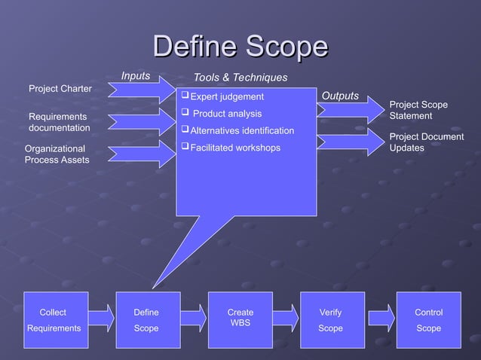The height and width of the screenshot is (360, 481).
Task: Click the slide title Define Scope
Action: (240, 46)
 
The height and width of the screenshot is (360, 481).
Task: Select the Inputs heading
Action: (136, 75)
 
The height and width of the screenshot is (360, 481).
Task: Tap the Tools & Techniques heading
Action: (240, 78)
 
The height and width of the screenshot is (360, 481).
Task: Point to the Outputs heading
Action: (340, 96)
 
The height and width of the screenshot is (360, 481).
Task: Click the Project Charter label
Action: (60, 89)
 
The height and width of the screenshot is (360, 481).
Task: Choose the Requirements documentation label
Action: (59, 122)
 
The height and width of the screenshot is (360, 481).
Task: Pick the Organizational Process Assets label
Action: (57, 154)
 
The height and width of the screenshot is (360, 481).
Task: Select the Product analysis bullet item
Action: (227, 114)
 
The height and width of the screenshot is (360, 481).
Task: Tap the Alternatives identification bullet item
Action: (241, 131)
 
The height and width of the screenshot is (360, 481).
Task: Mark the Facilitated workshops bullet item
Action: (234, 148)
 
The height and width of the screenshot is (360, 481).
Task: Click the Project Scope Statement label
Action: (418, 110)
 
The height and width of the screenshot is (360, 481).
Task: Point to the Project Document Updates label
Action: (426, 142)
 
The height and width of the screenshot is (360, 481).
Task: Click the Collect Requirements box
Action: (54, 319)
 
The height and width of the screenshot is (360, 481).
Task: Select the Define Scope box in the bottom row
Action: (147, 319)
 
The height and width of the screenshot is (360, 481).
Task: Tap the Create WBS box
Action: (240, 319)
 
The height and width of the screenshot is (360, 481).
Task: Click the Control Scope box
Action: (428, 319)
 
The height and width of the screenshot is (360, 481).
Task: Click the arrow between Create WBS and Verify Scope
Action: (286, 318)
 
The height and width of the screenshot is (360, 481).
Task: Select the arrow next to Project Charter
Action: (141, 90)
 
